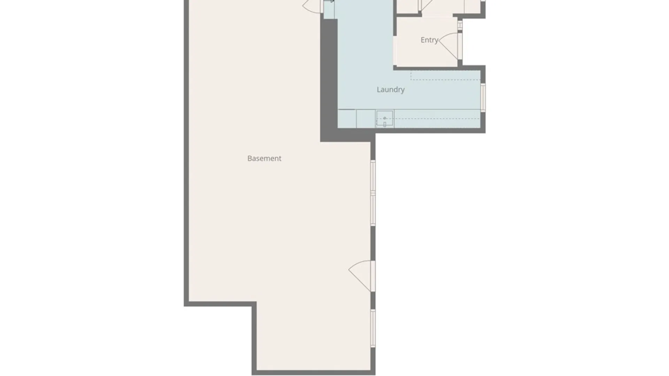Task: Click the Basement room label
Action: click(x=264, y=158)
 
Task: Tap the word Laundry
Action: click(x=391, y=90)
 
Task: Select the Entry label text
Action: click(x=429, y=40)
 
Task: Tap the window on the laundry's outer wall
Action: click(x=483, y=97)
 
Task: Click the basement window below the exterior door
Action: click(x=373, y=328)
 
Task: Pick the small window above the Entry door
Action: click(x=460, y=25)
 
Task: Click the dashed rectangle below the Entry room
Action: click(x=445, y=76)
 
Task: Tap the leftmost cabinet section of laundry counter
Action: click(x=347, y=119)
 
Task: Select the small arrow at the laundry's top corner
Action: click(x=329, y=1)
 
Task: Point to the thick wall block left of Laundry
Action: click(x=329, y=80)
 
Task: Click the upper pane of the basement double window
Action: click(x=373, y=176)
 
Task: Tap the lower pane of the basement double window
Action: click(x=373, y=209)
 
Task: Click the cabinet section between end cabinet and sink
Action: click(x=366, y=119)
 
